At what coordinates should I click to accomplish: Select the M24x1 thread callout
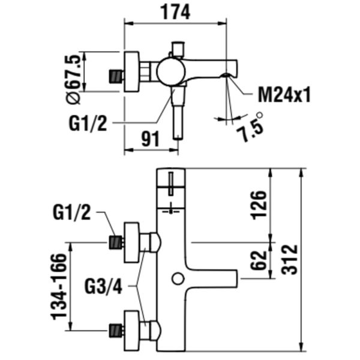point(284,94)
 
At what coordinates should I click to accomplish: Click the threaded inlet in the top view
point(115,76)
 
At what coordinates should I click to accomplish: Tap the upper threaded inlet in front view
point(115,243)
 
